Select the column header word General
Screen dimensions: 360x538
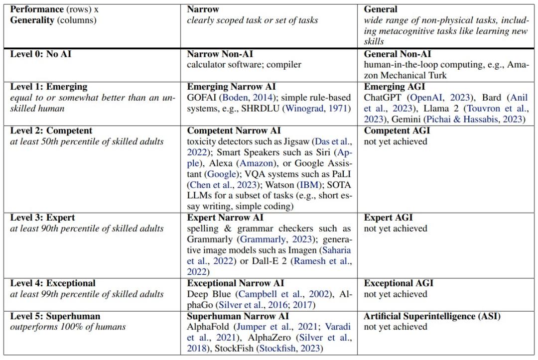[x=381, y=9]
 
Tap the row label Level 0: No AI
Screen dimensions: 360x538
[x=41, y=54]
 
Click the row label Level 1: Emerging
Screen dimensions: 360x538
[x=49, y=87]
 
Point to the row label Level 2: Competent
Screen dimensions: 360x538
[x=51, y=130]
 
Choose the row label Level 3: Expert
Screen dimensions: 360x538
[x=44, y=218]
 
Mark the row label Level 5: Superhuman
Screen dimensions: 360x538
[x=55, y=316]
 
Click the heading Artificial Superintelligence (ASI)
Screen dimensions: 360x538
[x=432, y=316]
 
